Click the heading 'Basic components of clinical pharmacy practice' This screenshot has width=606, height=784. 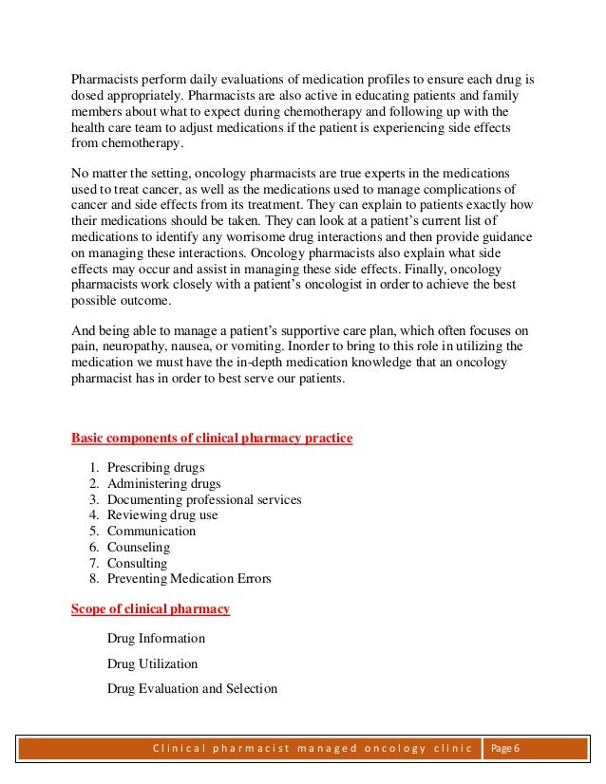coord(212,438)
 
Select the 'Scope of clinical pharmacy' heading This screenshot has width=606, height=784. coord(150,608)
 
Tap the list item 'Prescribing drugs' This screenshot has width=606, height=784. coord(156,468)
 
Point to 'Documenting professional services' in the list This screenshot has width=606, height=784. coord(204,499)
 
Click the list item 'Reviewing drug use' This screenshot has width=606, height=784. coord(162,515)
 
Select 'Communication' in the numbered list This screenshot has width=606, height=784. coord(151,531)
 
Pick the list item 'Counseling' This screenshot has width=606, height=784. coord(139,547)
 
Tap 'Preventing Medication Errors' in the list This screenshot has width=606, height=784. coord(189,578)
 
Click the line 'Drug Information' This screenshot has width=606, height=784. coord(156,639)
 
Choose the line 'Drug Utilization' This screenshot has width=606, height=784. coord(153,664)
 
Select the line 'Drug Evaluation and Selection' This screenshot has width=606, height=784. coord(192,689)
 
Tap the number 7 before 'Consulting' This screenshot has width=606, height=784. coord(93,563)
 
